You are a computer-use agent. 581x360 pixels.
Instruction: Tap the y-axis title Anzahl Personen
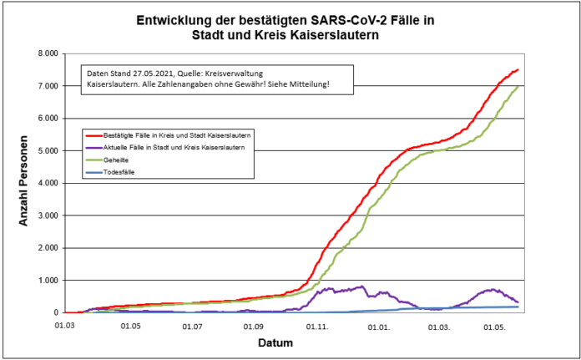pos(25,183)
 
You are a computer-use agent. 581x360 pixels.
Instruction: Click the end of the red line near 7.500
pos(518,70)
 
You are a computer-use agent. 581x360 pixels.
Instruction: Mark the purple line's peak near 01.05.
pos(493,290)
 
